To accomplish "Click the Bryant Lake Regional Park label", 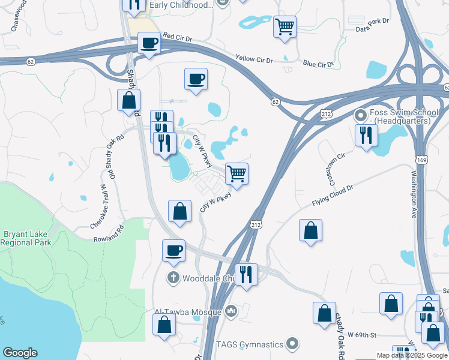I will point(26,238).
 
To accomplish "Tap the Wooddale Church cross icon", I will point(173,277).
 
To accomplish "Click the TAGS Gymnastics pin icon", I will point(292,344).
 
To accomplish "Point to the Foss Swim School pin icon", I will point(360,113).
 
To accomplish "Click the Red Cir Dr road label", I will point(177,37).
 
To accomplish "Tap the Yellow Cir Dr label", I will point(254,59).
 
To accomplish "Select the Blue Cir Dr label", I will point(318,63).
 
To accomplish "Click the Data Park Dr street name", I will point(372,28).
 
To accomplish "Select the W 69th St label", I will point(362,334).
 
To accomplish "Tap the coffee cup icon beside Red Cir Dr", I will point(148,43).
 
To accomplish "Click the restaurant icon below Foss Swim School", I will point(366,135).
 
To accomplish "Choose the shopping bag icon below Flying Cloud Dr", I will point(310,230).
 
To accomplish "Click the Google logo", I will point(20,353).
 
